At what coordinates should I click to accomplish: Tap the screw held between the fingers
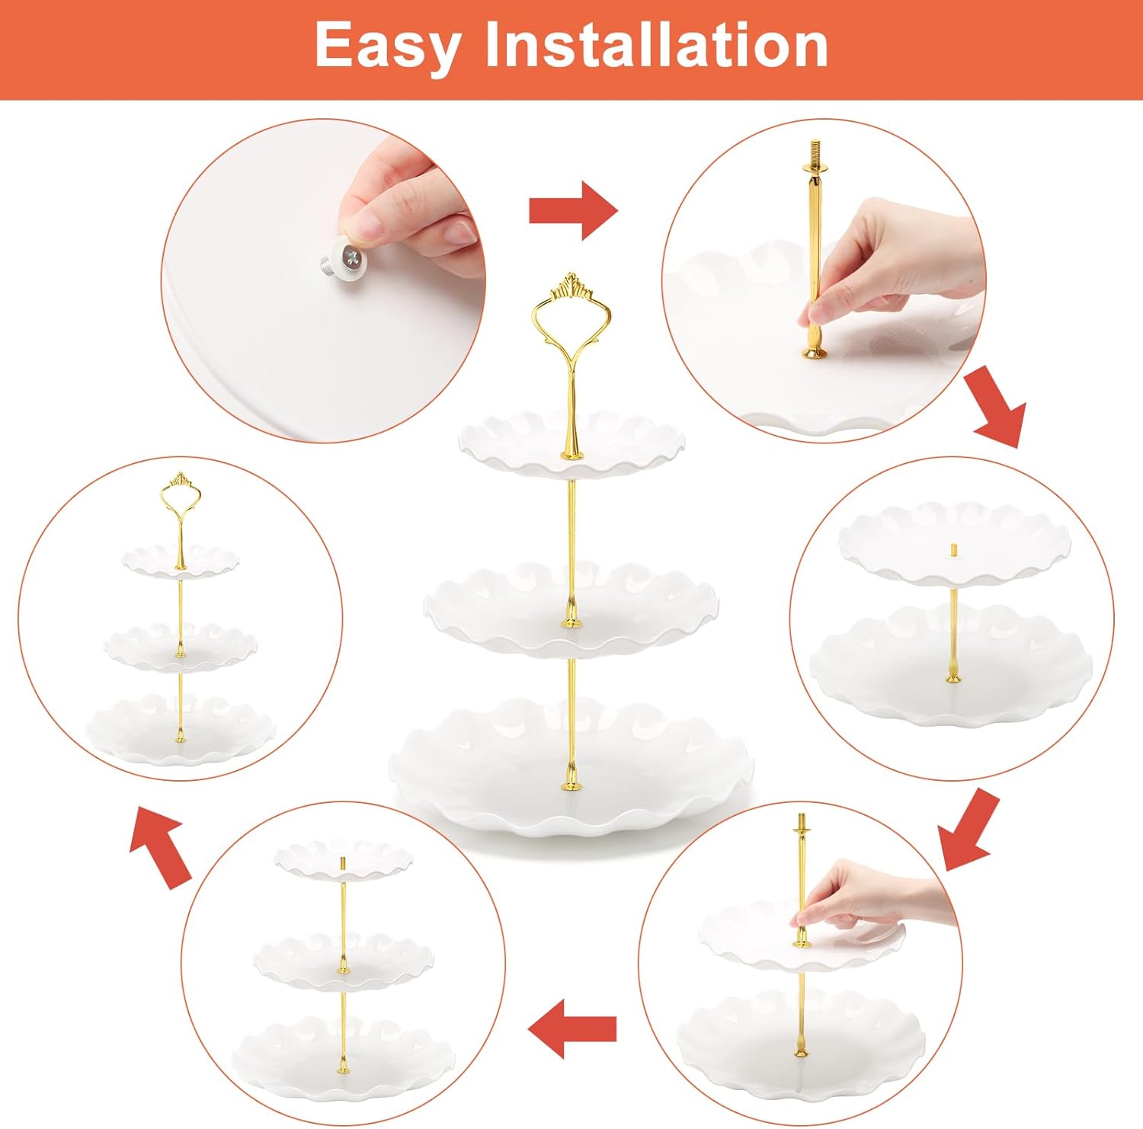point(344,259)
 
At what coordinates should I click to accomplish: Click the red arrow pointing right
point(573,210)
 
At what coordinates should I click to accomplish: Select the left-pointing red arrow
point(571,1029)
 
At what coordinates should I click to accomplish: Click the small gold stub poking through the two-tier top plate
point(952,550)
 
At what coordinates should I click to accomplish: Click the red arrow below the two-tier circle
point(968,830)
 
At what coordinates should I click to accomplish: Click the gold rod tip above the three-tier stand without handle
point(343,862)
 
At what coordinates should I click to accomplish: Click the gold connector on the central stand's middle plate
point(571,617)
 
